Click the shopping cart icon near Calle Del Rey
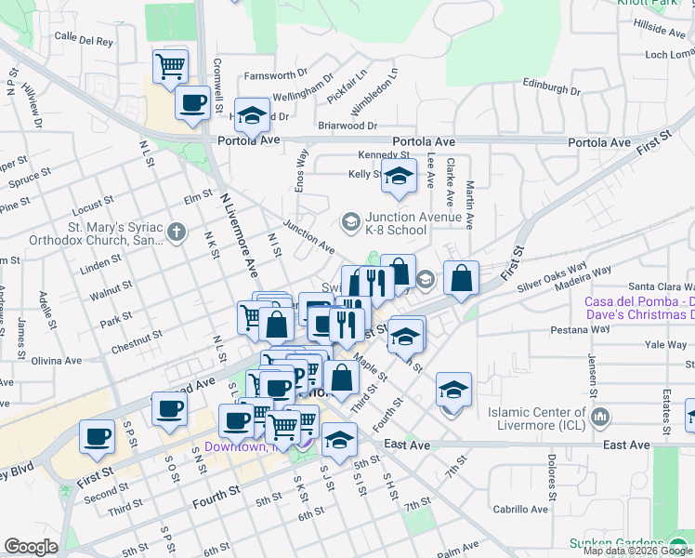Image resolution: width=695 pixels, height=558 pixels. pyautogui.click(x=170, y=66)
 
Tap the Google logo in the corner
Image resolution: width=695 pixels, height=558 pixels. pyautogui.click(x=32, y=547)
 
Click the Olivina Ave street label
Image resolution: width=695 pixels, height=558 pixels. pyautogui.click(x=58, y=360)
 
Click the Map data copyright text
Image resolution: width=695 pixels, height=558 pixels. pyautogui.click(x=638, y=551)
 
